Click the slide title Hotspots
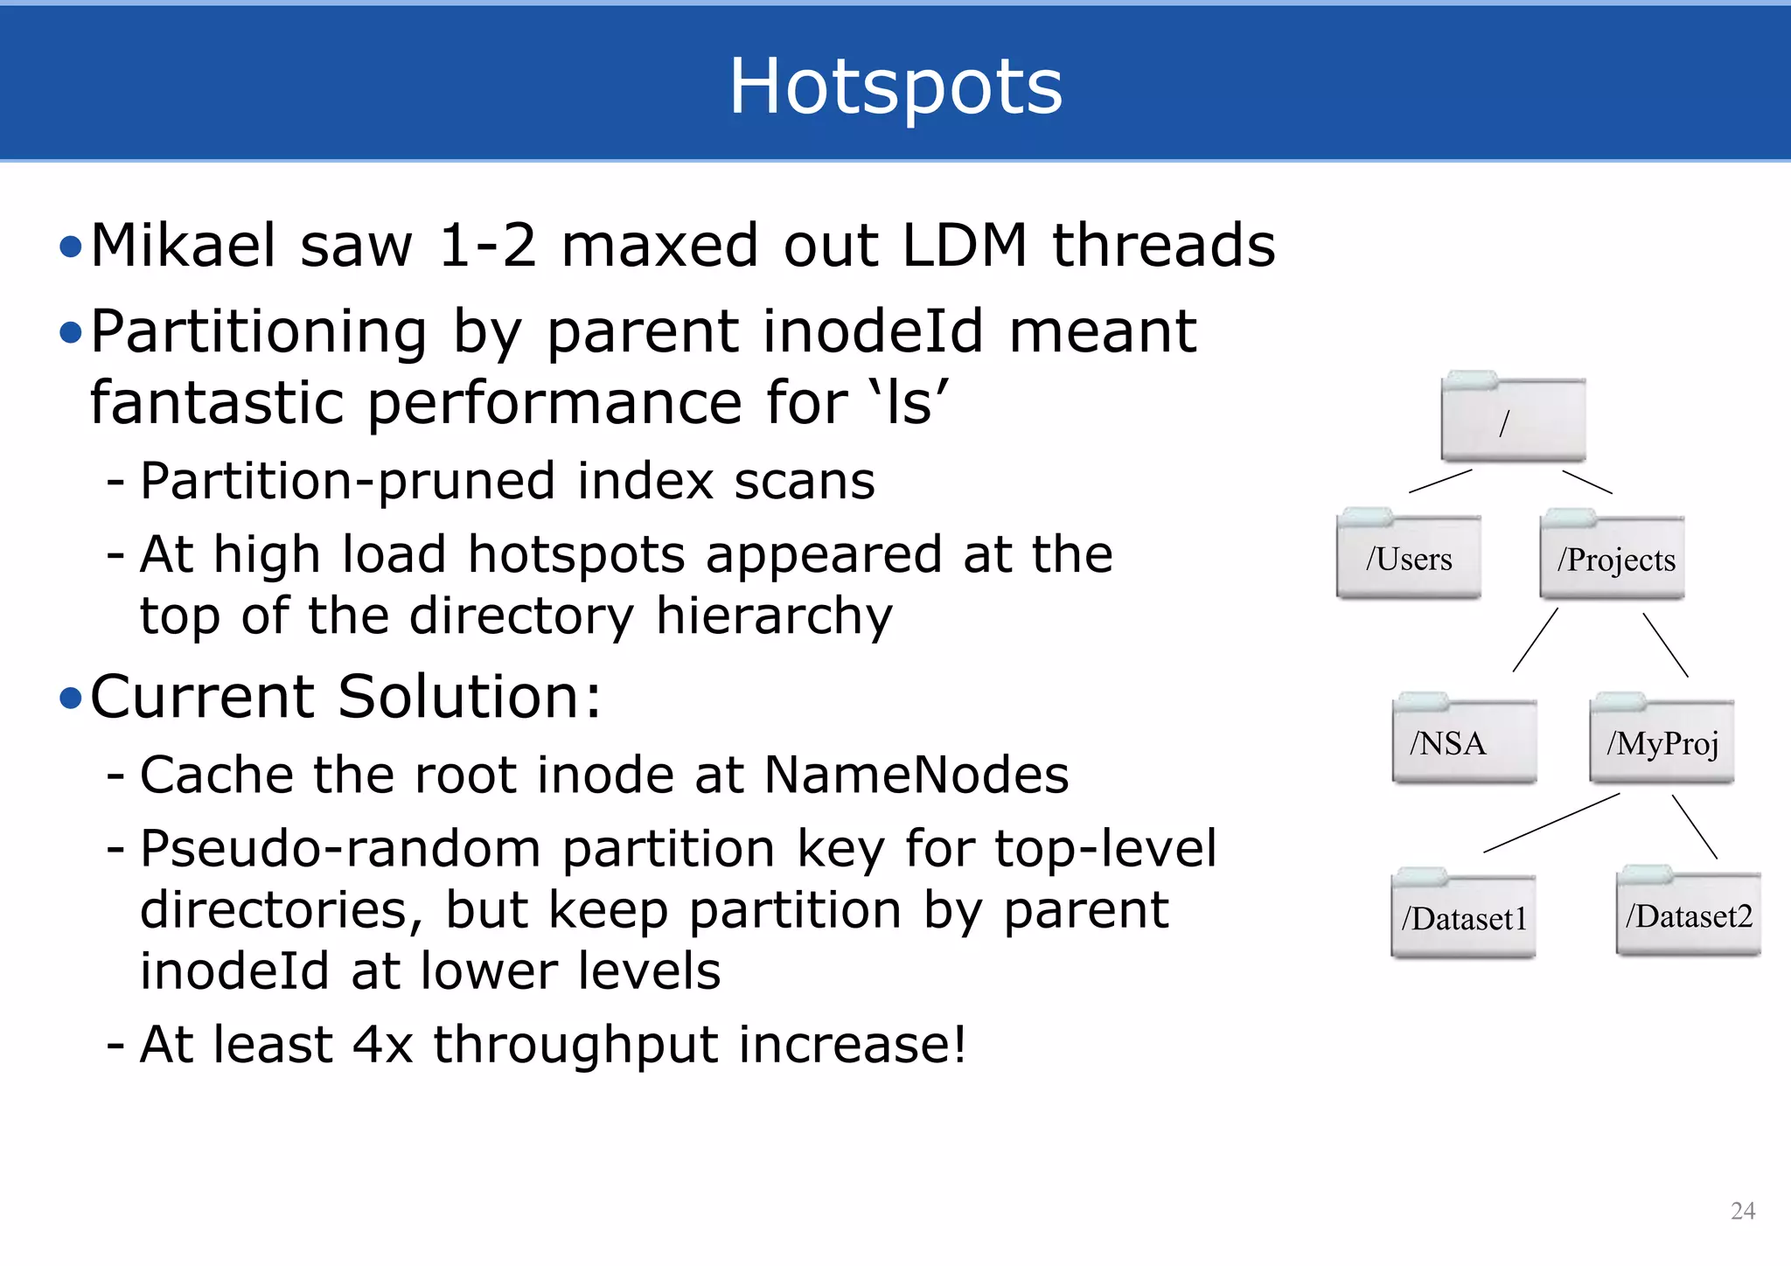[x=895, y=86]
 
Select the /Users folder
[x=1409, y=557]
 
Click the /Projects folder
[x=1613, y=557]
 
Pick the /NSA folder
[x=1464, y=741]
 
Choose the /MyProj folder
[x=1662, y=741]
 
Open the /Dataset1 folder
[x=1464, y=917]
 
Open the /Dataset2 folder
[x=1688, y=915]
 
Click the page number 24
[x=1742, y=1211]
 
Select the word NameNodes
[x=916, y=775]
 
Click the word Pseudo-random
[x=341, y=849]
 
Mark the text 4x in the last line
[x=382, y=1044]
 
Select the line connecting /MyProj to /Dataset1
[x=1551, y=823]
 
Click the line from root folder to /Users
[x=1440, y=482]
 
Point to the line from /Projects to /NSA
[x=1535, y=640]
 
